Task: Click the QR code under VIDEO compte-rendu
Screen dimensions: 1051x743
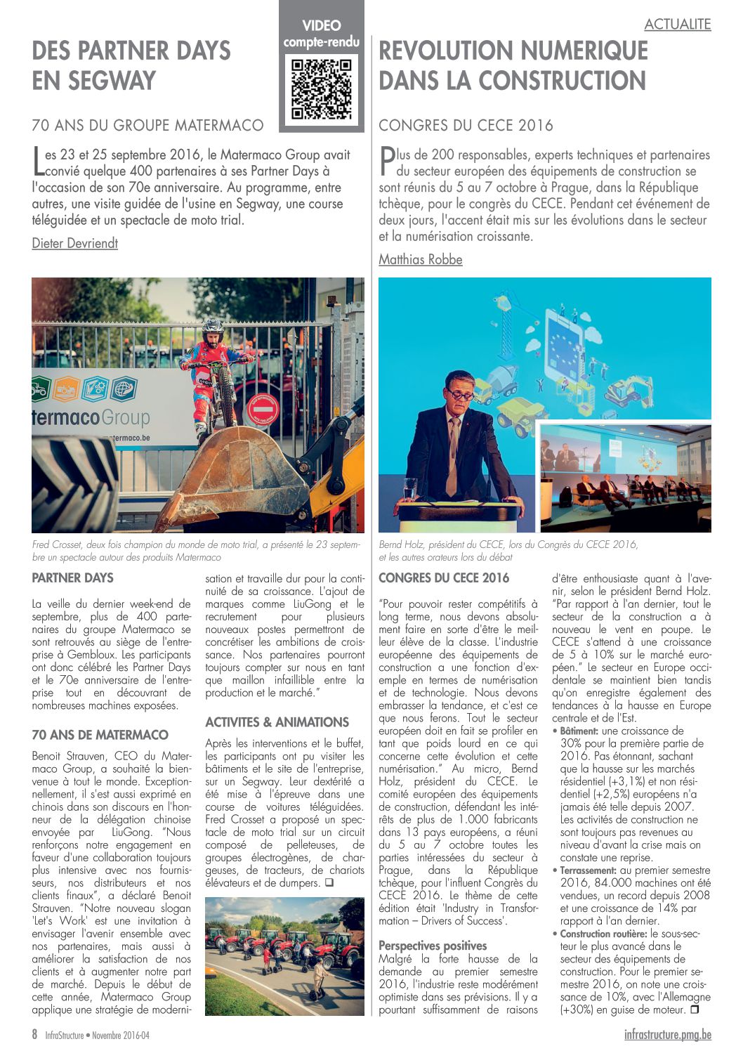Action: [321, 89]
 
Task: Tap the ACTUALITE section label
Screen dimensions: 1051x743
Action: [677, 25]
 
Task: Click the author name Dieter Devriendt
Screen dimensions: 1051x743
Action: [75, 243]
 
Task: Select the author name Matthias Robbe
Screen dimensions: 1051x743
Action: [421, 259]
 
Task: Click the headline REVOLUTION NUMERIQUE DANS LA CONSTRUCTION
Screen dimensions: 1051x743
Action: [513, 65]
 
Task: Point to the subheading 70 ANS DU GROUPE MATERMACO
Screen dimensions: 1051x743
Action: [147, 126]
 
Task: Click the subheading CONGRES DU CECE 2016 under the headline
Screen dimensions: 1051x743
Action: [466, 126]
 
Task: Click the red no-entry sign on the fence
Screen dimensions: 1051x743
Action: [263, 409]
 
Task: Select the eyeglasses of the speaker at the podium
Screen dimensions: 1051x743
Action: [460, 395]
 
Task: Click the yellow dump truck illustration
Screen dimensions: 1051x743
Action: [519, 411]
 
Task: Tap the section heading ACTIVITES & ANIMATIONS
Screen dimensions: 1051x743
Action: [277, 722]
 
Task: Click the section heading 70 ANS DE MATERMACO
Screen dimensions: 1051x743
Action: [100, 735]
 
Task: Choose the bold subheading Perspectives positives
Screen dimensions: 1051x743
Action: [433, 946]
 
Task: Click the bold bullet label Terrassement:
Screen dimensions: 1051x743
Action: [589, 870]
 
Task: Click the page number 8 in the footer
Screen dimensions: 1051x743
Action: [34, 1034]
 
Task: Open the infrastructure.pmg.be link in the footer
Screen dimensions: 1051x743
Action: [667, 1034]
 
